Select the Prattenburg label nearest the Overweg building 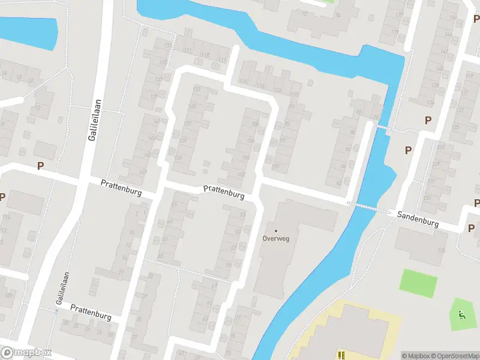point(224,192)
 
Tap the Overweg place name point(275,238)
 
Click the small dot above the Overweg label point(276,230)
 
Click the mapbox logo point(25,353)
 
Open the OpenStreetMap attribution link point(455,356)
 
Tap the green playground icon point(460,314)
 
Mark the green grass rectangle point(419,283)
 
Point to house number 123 point(196,89)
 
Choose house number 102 point(242,174)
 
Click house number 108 point(254,124)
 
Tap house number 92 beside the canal point(359,111)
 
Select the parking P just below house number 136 point(428,121)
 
